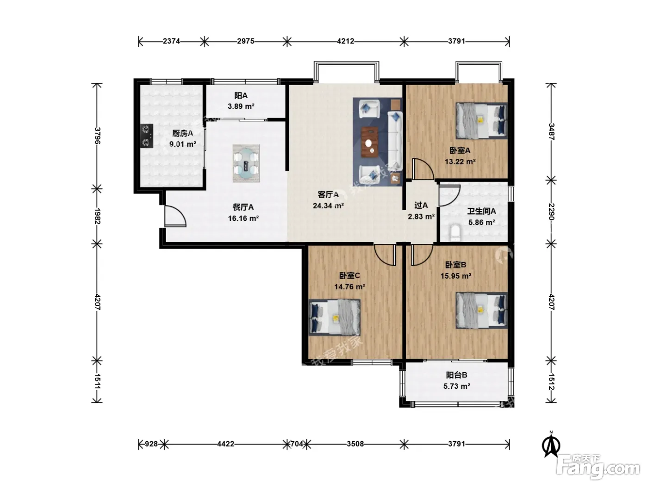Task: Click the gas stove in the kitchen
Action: click(x=146, y=136)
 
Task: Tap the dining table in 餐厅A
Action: click(x=246, y=163)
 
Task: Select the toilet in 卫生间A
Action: click(x=455, y=233)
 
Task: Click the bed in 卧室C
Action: click(x=335, y=317)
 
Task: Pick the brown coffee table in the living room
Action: click(x=370, y=142)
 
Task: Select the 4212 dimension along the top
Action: click(x=345, y=41)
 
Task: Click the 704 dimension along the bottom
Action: click(x=297, y=444)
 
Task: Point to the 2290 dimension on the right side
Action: click(x=551, y=212)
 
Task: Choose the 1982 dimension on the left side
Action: click(x=97, y=216)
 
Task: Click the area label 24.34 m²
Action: click(x=328, y=206)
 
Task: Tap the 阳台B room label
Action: click(x=457, y=375)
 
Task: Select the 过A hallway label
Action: click(x=421, y=205)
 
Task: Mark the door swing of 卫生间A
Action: click(x=449, y=195)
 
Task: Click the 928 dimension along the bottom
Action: click(x=151, y=444)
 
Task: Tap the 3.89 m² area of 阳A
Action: click(x=241, y=106)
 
